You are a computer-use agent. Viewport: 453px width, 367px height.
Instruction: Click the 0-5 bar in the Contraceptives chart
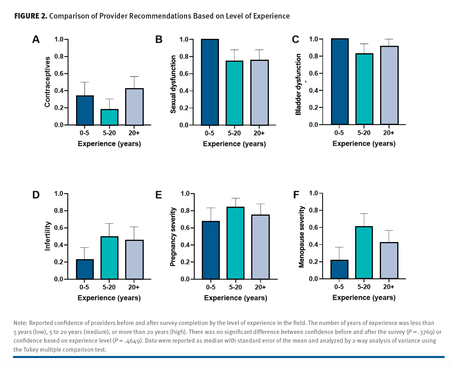85,110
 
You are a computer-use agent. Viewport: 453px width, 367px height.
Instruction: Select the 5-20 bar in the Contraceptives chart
109,117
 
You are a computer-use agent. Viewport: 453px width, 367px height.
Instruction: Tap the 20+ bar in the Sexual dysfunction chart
259,92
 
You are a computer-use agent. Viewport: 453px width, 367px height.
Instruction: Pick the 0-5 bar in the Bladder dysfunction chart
340,81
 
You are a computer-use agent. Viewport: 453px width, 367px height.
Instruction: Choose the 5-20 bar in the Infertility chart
109,258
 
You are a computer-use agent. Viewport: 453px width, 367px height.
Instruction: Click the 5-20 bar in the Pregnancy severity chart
236,243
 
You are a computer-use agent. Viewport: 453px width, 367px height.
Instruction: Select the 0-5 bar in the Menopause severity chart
339,269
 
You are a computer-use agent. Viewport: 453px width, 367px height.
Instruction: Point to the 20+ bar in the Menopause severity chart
389,260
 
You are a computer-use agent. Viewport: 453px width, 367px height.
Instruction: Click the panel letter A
36,39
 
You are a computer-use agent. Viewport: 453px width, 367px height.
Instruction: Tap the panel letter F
296,195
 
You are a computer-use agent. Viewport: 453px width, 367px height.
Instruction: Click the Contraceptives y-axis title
47,82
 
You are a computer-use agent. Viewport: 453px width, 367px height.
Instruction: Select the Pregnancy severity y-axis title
173,237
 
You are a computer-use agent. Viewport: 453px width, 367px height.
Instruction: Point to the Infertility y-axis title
47,236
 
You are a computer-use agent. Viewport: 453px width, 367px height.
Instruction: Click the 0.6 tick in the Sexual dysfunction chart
184,74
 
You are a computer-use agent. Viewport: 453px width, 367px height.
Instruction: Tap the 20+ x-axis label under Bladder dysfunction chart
389,133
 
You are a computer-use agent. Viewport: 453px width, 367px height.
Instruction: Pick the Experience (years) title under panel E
236,298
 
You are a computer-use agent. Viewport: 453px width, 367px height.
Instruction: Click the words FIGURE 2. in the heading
30,16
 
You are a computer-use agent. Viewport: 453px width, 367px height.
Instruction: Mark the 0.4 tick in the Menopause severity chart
314,244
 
